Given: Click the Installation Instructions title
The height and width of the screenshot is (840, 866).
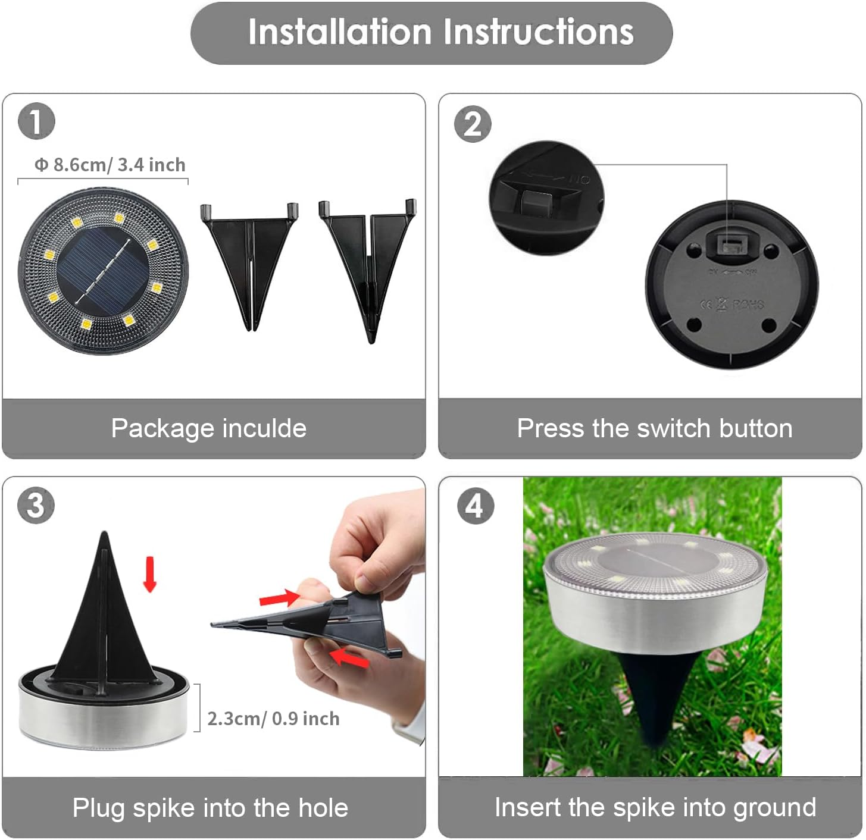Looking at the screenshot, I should coord(440,32).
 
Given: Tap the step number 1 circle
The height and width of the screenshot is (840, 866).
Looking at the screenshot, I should coord(36,121).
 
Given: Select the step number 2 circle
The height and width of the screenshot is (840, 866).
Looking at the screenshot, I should coord(473,124).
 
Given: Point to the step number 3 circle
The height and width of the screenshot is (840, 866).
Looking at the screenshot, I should coord(36,505).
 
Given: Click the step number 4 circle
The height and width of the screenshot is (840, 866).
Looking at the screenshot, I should coord(475,506).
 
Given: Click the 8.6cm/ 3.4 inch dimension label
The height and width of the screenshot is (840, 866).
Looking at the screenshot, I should coord(110,165).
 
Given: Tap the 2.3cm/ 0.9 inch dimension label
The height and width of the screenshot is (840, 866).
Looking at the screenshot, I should coord(273,719).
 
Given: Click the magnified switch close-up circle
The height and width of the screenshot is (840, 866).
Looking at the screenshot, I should coord(546,198).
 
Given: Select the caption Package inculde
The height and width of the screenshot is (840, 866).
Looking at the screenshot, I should coord(209,428).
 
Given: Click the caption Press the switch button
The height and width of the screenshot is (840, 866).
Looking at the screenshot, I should coord(655,428).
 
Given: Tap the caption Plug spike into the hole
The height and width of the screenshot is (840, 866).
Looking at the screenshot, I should coord(210,808).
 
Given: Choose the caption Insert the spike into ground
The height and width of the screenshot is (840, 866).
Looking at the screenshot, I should coord(655,808).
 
